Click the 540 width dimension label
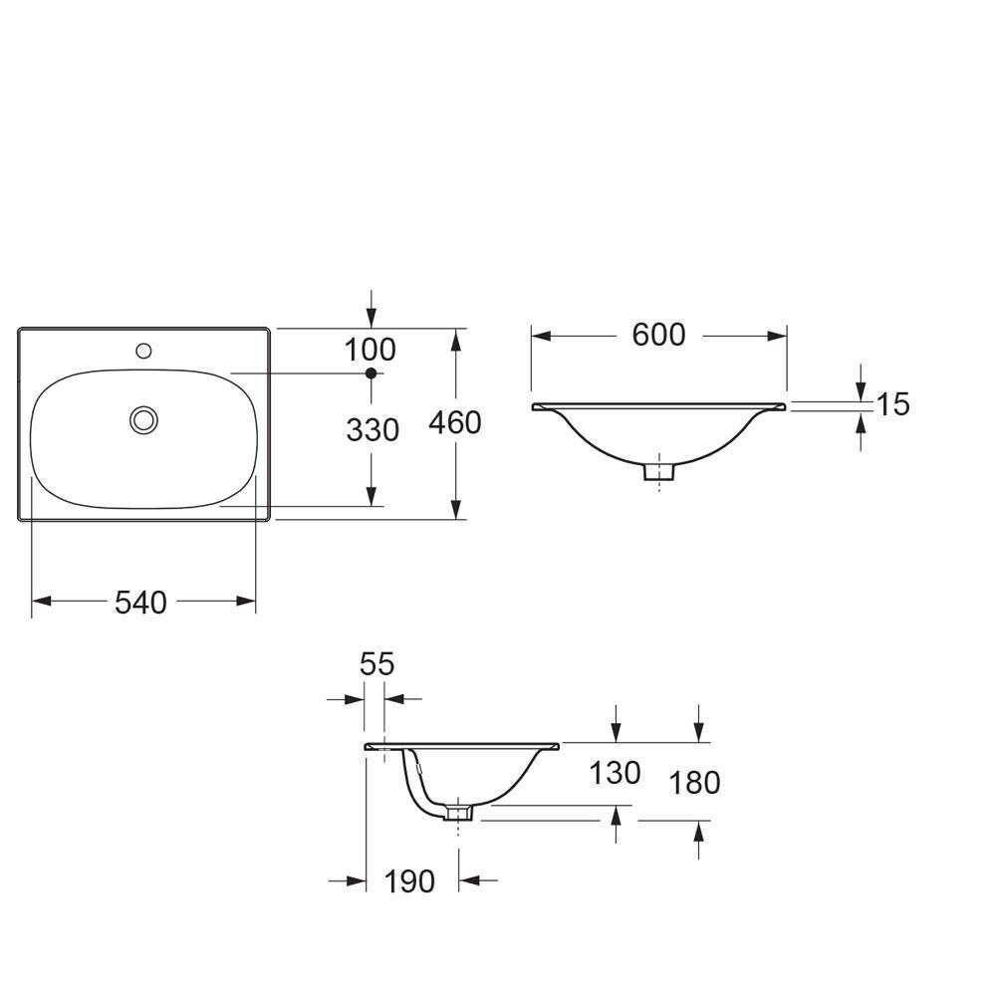pos(140,602)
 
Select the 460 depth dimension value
pos(454,423)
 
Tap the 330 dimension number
pos(373,430)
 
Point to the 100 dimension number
pos(370,350)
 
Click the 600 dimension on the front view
pos(658,336)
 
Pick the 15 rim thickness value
pos(893,404)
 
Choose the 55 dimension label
pos(376,663)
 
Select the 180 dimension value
pos(693,783)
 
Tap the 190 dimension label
pos(409,881)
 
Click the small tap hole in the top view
pos(143,351)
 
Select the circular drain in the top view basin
pos(143,419)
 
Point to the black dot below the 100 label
pos(371,373)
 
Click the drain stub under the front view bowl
pos(657,471)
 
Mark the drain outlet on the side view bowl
pos(459,813)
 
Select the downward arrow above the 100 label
pos(371,318)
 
